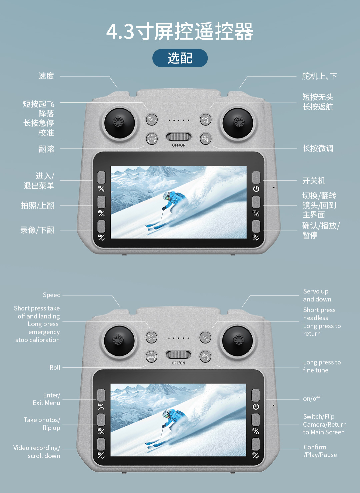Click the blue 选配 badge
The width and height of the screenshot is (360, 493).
[180, 58]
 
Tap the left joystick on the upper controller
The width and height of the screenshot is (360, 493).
[119, 122]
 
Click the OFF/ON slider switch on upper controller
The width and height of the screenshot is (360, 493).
[179, 137]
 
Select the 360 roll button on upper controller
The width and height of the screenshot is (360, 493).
[151, 139]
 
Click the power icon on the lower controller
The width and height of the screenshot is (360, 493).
[256, 407]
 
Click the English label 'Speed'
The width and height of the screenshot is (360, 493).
[52, 295]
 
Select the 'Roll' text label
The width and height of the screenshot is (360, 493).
[55, 367]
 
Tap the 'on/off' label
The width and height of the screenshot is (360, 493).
[311, 398]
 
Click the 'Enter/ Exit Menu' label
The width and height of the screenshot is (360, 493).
[46, 399]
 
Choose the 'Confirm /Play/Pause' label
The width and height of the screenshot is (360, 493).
[320, 451]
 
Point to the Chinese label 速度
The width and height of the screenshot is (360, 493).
[46, 76]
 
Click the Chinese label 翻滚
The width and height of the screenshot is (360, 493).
[46, 149]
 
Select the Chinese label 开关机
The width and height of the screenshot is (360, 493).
[314, 181]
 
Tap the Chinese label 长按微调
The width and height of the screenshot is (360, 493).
[318, 148]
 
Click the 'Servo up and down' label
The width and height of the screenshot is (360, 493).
[317, 295]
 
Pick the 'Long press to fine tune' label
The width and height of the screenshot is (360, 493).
[322, 366]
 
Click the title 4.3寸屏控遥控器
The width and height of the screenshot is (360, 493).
[180, 32]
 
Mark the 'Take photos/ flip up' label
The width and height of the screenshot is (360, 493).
[42, 424]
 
